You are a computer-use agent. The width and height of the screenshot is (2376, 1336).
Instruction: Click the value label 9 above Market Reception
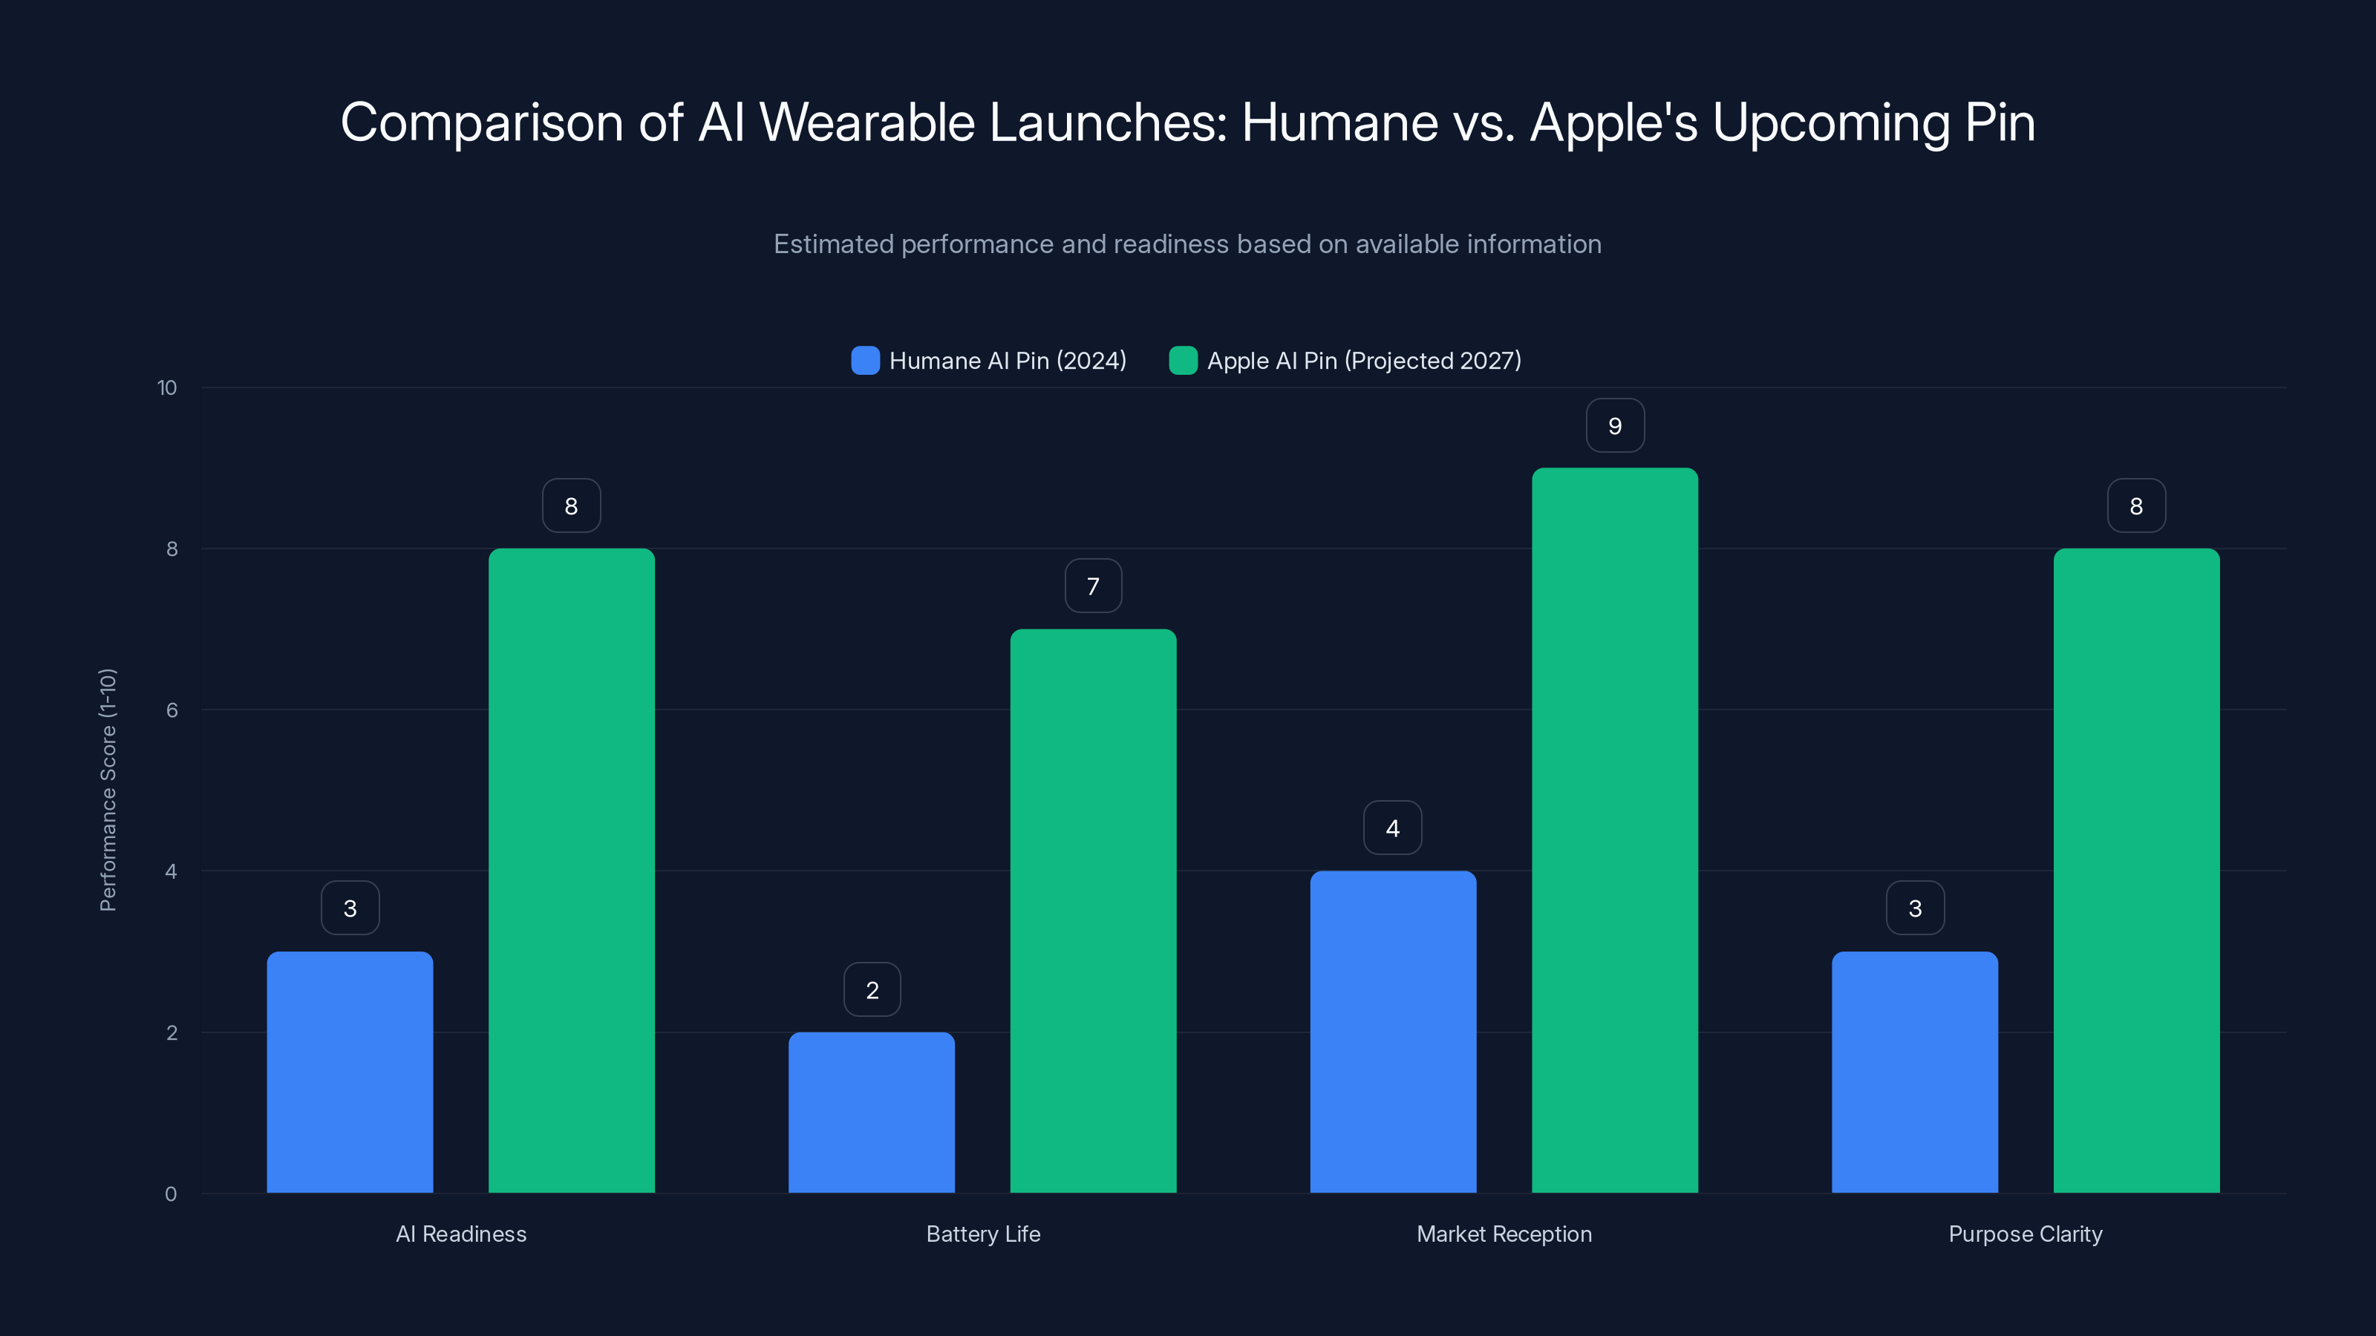point(1614,426)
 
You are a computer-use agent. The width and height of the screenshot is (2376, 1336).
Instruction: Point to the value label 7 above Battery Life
point(1093,586)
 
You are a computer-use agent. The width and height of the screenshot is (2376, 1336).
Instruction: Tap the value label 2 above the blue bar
point(872,990)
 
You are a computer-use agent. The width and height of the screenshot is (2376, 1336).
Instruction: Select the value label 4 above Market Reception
point(1393,828)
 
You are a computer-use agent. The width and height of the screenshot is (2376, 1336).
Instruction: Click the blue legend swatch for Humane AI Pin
point(865,361)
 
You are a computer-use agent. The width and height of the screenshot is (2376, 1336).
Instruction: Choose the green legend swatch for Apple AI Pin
point(1184,361)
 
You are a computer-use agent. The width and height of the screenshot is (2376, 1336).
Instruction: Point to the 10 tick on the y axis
point(167,388)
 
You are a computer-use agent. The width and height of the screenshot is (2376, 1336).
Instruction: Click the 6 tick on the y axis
point(172,710)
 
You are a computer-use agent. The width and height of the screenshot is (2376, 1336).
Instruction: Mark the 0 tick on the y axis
point(171,1194)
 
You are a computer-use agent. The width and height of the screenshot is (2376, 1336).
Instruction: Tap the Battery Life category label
point(983,1234)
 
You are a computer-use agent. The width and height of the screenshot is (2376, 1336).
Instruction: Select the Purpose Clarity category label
point(2026,1234)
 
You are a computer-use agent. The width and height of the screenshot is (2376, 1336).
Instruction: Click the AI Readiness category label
point(461,1234)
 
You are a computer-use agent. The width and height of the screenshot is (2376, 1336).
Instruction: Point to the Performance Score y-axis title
point(108,790)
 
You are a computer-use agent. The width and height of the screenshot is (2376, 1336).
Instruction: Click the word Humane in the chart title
point(1339,122)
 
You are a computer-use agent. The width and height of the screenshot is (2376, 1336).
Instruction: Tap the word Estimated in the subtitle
point(833,244)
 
